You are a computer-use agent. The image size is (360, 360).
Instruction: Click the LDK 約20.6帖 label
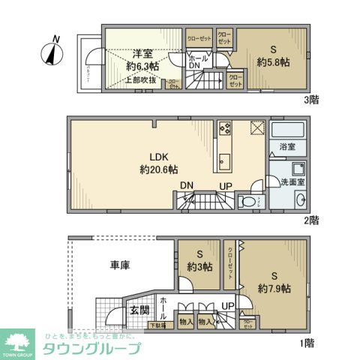coord(157,163)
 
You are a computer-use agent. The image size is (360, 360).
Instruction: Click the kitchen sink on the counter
coord(225,159)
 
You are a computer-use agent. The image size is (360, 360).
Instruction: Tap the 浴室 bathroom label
coord(288,148)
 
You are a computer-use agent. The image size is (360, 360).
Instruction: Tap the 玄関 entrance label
coord(140,310)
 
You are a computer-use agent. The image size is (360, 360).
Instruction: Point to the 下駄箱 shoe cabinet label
coord(156,325)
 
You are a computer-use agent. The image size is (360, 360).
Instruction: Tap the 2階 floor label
coord(312,220)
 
